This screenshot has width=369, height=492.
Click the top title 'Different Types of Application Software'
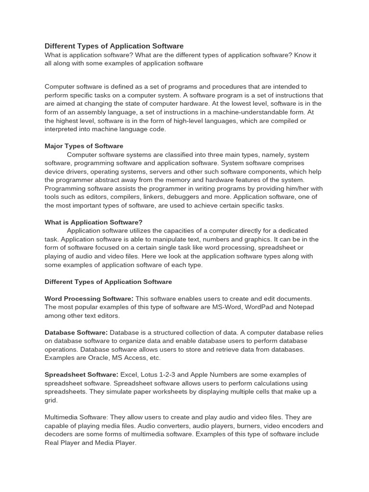point(114,46)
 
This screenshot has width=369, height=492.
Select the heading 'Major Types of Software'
point(84,146)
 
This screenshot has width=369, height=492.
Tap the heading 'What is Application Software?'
point(93,222)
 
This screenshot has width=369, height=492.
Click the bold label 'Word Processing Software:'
point(89,298)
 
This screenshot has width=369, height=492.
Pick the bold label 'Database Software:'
point(76,332)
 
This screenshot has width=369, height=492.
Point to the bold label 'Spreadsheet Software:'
point(81,375)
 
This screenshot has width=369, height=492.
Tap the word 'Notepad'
point(300,307)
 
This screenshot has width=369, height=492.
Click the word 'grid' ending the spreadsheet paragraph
point(51,400)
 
